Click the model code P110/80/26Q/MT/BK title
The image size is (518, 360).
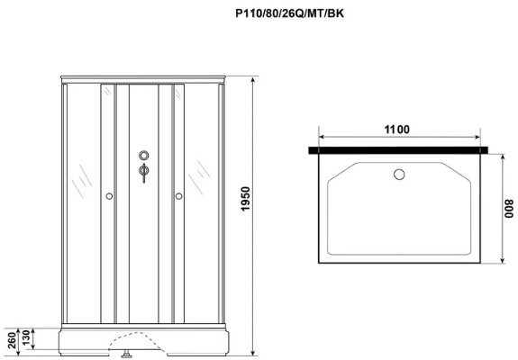click(x=289, y=13)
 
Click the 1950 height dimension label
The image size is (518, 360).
click(x=245, y=199)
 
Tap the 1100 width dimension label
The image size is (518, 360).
click(x=396, y=130)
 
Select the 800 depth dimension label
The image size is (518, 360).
click(x=509, y=209)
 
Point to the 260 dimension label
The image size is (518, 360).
click(x=12, y=340)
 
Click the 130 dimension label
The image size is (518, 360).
click(x=26, y=337)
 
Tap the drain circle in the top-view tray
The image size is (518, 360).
click(x=399, y=175)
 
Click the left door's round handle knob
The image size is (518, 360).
click(x=109, y=196)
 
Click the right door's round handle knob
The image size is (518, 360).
click(x=178, y=196)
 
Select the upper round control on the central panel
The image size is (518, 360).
click(x=144, y=155)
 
